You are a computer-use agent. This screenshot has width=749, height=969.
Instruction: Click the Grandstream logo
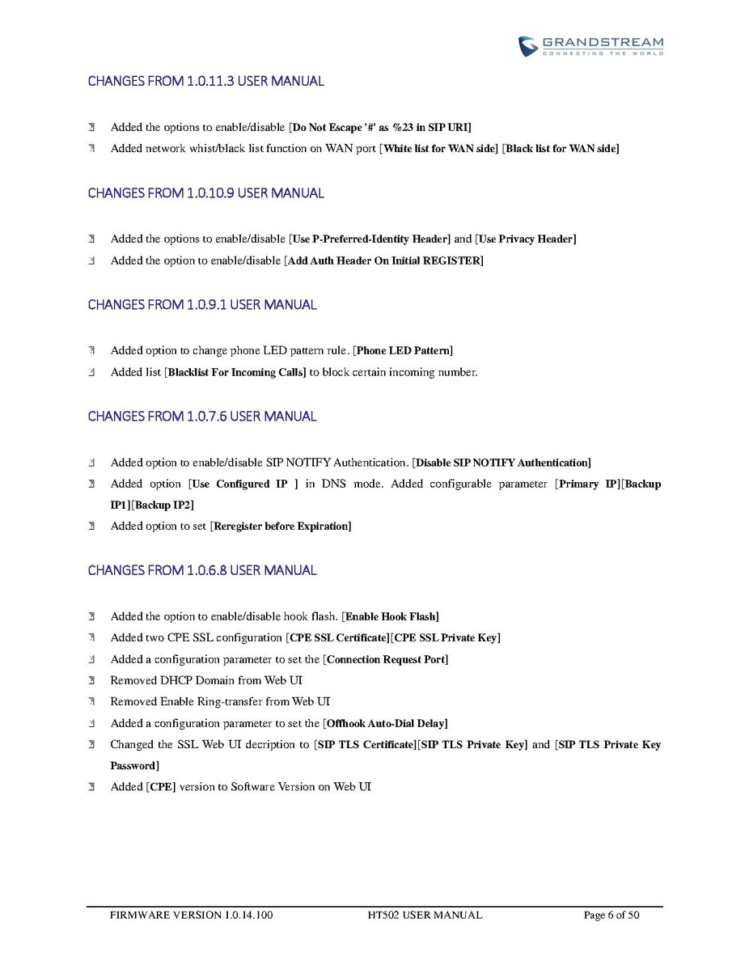coord(590,45)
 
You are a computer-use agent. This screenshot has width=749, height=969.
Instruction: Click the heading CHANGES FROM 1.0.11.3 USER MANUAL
coord(205,81)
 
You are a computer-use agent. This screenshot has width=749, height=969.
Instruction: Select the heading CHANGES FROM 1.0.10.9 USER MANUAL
coord(205,193)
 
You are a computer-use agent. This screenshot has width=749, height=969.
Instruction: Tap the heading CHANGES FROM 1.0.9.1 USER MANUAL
coord(202,305)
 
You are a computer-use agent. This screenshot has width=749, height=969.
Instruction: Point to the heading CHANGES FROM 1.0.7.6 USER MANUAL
coord(202,417)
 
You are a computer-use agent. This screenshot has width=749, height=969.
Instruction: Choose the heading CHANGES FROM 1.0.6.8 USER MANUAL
coord(202,570)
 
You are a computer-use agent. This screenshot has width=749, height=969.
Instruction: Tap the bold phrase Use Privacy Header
coord(526,239)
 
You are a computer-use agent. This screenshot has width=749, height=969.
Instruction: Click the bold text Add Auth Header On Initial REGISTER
coord(384,260)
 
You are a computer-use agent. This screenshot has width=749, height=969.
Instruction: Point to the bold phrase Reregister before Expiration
coord(281,527)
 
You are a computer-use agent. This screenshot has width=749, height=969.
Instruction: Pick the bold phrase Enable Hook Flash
coord(392,617)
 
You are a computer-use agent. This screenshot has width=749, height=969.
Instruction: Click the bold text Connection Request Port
coord(387,660)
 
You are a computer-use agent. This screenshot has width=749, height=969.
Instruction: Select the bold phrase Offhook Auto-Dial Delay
coord(387,723)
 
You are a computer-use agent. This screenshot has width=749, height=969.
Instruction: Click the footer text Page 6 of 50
coord(611,916)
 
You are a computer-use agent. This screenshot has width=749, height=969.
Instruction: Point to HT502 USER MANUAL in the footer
coord(425,916)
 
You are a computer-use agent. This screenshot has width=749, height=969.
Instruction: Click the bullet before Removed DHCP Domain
coord(92,681)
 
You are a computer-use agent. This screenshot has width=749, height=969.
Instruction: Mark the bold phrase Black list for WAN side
coord(561,149)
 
